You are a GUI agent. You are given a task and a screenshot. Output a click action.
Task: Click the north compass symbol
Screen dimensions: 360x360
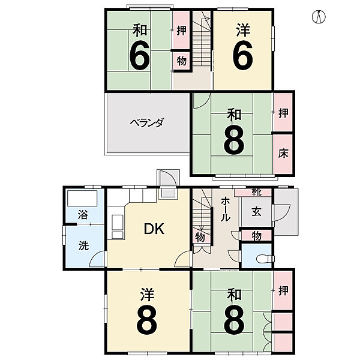[x=320, y=16]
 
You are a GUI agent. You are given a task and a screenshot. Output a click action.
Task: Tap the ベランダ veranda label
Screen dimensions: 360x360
[x=146, y=122]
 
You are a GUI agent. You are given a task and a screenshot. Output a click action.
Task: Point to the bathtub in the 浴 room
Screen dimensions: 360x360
[x=84, y=197]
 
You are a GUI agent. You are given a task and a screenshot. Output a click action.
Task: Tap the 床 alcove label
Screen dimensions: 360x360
[x=283, y=153]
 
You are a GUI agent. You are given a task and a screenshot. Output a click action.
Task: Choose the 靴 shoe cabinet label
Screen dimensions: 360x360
[x=256, y=193]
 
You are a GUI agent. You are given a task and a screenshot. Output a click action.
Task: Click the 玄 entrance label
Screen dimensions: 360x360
[x=256, y=211]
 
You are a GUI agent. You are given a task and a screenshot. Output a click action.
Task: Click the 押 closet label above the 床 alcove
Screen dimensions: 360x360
[x=283, y=112]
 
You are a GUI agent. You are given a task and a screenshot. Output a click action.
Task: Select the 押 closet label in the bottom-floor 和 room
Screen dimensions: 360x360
[x=283, y=290]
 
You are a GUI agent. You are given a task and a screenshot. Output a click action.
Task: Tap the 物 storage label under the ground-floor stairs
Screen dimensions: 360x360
[x=200, y=238]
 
